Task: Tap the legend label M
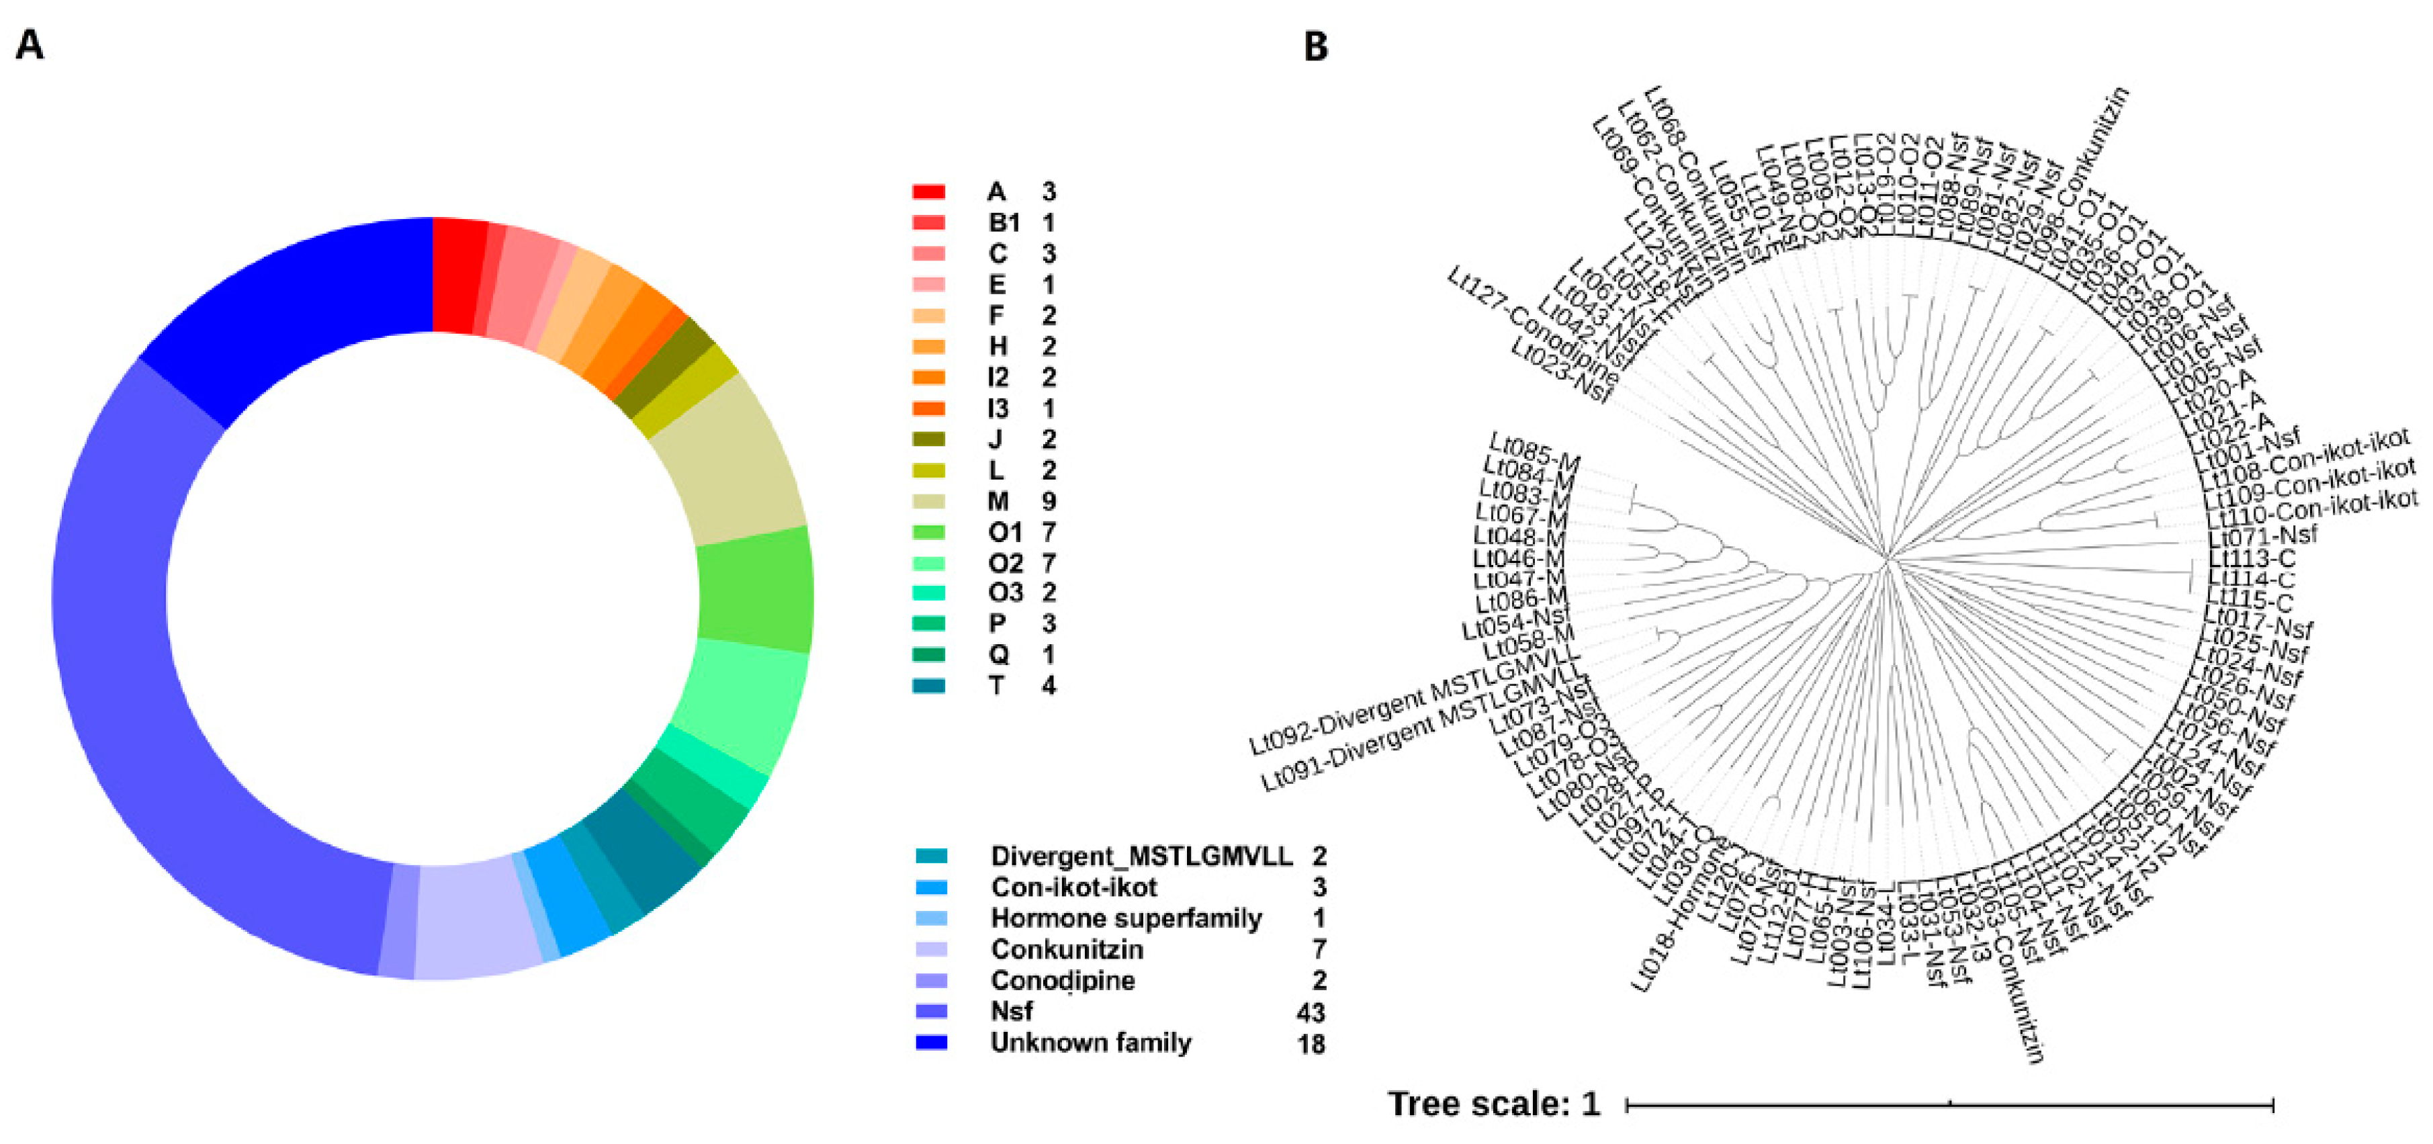pos(998,502)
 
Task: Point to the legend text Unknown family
pos(1091,1043)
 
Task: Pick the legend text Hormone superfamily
pos(1126,918)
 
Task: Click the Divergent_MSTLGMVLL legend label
pos(1141,856)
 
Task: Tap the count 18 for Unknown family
pos(1311,1044)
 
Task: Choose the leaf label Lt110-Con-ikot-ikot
pos(2313,509)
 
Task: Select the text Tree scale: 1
pos(1493,1104)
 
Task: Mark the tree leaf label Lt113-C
pos(2251,558)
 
